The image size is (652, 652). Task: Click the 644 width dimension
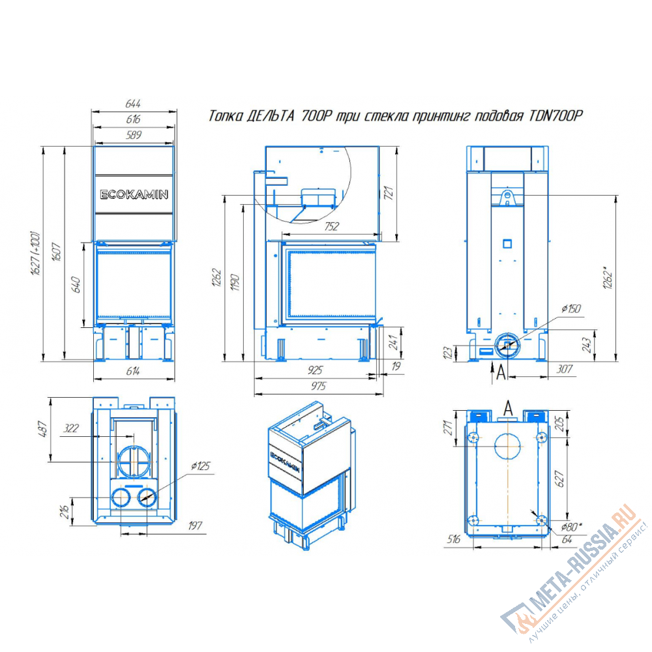pos(133,103)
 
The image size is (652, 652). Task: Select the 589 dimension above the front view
pos(134,135)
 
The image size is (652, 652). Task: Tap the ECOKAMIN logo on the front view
pos(134,194)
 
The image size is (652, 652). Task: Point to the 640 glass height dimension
pos(76,284)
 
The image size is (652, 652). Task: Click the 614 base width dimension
pos(133,370)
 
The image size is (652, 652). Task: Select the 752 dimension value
pos(331,226)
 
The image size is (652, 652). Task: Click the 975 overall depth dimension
pos(319,386)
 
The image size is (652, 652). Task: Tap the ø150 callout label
pos(571,308)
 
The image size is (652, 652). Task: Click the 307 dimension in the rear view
pos(564,369)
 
